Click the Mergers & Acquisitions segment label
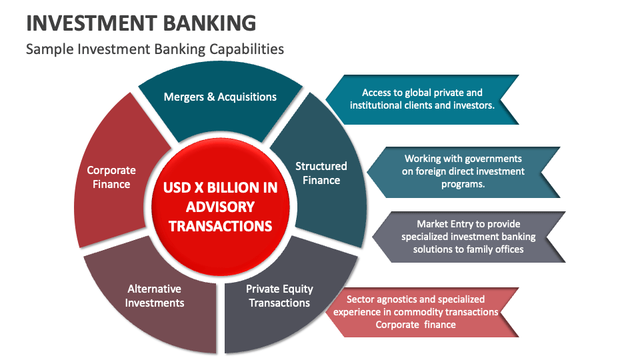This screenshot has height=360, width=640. point(220,97)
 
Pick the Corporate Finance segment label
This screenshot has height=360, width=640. point(111,177)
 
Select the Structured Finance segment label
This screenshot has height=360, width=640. point(321,173)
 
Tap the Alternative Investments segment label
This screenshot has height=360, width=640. point(155,296)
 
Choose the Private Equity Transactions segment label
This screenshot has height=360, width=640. point(279,296)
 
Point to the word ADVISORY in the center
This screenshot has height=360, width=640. point(220,207)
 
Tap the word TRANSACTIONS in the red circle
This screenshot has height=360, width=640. point(220,226)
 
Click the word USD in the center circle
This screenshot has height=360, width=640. point(178,187)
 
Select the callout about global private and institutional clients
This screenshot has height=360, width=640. point(422,99)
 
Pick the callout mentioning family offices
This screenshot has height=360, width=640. point(468,237)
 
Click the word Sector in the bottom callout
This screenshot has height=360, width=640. point(361,299)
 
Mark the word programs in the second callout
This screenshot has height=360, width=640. point(463,184)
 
